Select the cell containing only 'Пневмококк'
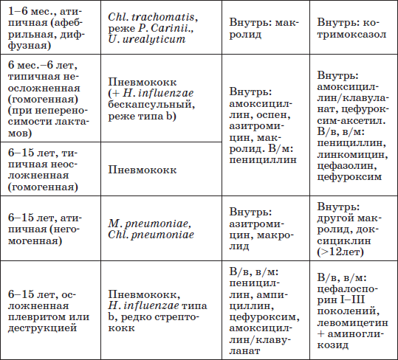(x=141, y=169)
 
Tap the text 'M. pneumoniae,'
(x=148, y=224)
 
